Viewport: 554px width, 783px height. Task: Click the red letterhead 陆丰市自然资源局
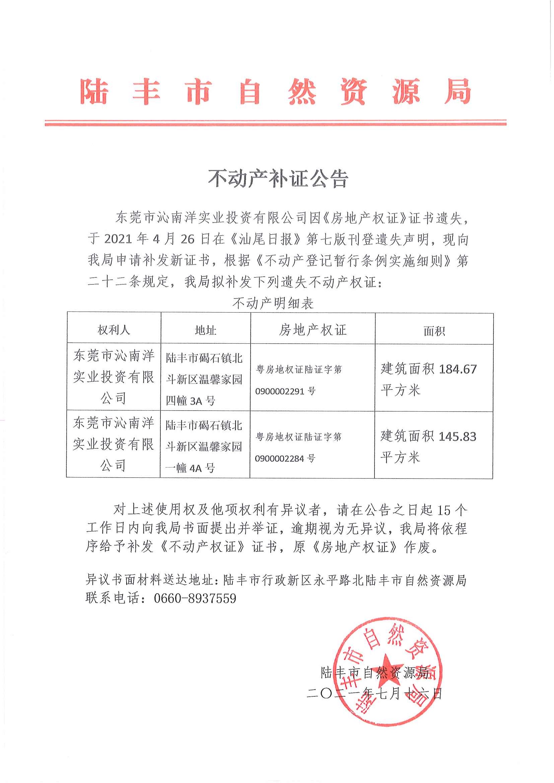tap(275, 91)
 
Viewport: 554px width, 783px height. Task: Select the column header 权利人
tap(114, 330)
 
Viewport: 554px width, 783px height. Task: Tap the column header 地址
tap(205, 330)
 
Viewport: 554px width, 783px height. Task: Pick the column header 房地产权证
tap(312, 330)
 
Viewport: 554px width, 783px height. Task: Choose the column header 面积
tap(434, 331)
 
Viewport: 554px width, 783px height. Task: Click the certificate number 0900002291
tap(280, 391)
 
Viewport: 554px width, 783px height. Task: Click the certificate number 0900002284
tap(279, 459)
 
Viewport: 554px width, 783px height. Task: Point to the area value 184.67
tap(458, 369)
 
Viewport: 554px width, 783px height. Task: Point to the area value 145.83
tap(457, 437)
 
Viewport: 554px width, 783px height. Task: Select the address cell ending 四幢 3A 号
tap(204, 379)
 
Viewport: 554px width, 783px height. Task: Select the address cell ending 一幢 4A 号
tap(204, 446)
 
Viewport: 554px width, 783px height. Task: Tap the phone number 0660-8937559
tap(195, 599)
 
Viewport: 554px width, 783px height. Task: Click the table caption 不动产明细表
tap(273, 303)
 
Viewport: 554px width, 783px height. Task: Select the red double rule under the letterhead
tap(275, 122)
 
